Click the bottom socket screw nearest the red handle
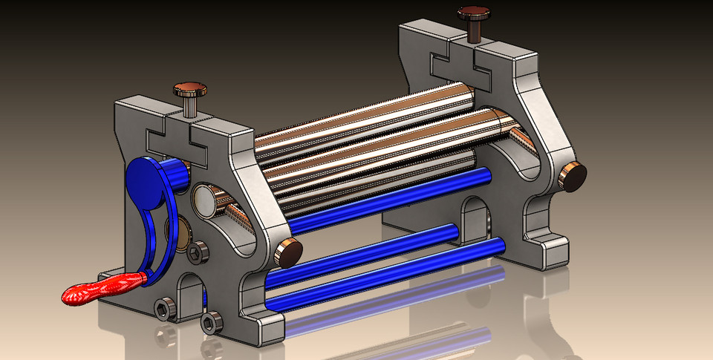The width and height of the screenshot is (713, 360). click(x=165, y=308)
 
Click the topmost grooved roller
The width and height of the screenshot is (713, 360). click(x=356, y=122)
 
